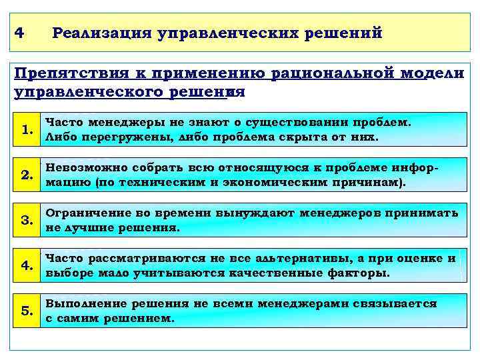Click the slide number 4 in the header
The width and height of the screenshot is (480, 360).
19,33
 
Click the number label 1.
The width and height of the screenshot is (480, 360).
27,130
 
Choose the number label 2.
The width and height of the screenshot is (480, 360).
27,176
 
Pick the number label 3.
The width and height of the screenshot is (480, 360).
27,221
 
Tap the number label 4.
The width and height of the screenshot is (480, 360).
27,266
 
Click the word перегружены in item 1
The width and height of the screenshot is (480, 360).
111,137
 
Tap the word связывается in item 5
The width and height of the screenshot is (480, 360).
395,304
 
